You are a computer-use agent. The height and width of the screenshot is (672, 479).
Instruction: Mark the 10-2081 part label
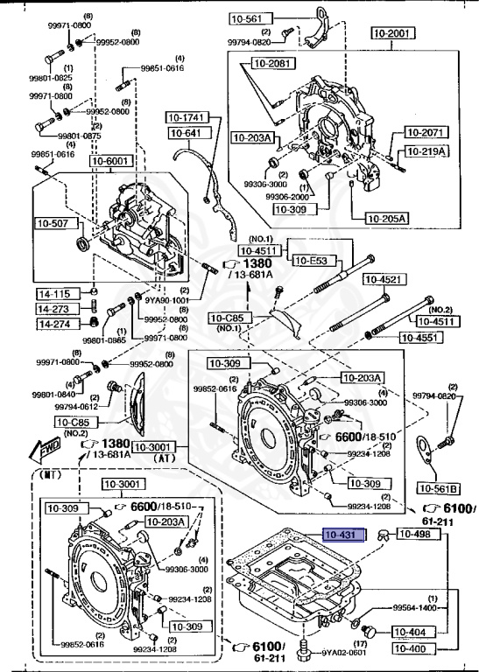pos(274,62)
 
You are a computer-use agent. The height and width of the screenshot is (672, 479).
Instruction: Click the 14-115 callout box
pos(53,294)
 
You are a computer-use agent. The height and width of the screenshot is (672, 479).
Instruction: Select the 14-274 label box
pos(53,324)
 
